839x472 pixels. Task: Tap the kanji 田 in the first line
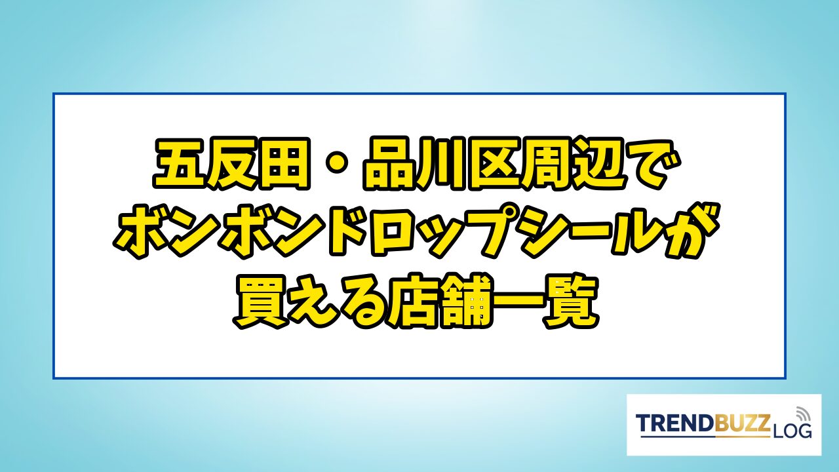(284, 164)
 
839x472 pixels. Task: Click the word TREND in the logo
(675, 423)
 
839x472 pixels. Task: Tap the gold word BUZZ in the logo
(743, 423)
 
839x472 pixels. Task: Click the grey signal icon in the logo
(802, 414)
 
